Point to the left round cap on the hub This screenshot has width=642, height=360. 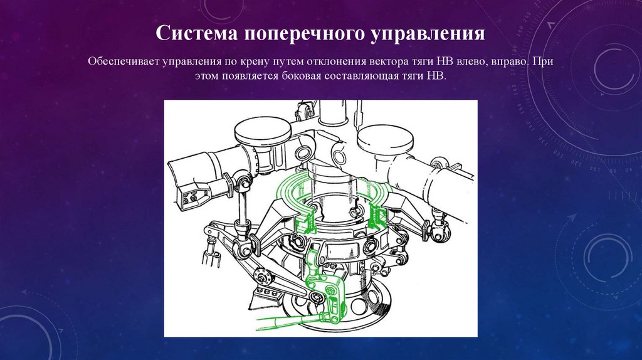[263, 131]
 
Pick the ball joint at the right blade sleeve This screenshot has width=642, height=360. [438, 164]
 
